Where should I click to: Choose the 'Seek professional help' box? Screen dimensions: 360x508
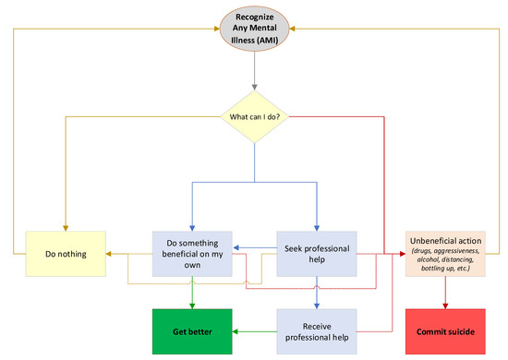coord(316,251)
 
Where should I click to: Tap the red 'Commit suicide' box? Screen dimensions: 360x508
coord(442,328)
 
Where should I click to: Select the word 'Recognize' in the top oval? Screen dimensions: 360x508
coord(253,18)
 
